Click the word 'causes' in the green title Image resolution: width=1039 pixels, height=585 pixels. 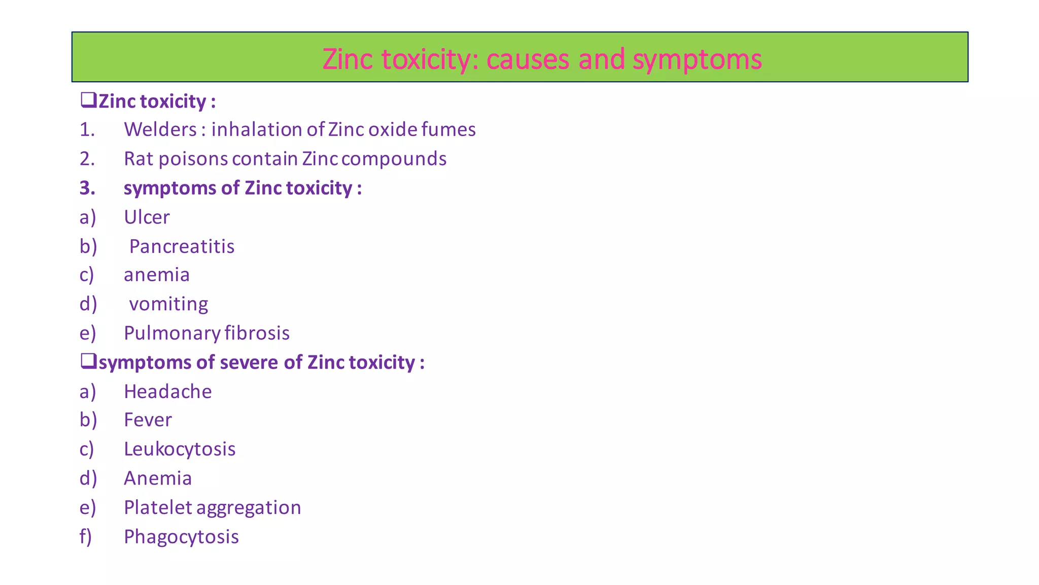point(528,59)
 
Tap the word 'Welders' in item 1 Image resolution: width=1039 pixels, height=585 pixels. point(160,130)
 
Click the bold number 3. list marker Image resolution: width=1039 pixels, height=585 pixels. point(87,188)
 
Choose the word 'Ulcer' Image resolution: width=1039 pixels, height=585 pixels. point(147,217)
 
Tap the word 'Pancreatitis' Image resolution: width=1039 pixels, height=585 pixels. point(182,247)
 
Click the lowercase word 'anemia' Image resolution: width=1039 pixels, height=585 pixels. point(157,275)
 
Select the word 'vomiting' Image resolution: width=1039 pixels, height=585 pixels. point(168,304)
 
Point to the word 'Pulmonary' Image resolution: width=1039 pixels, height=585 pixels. point(172,334)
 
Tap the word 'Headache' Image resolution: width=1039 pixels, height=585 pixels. point(168,392)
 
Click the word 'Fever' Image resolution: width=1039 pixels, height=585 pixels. point(148,420)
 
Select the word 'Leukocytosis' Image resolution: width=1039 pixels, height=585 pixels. point(180,449)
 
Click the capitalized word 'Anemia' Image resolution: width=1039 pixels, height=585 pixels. point(158,478)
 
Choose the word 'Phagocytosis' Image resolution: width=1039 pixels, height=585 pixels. point(181,537)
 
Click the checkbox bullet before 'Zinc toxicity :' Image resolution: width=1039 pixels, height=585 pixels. point(88,100)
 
